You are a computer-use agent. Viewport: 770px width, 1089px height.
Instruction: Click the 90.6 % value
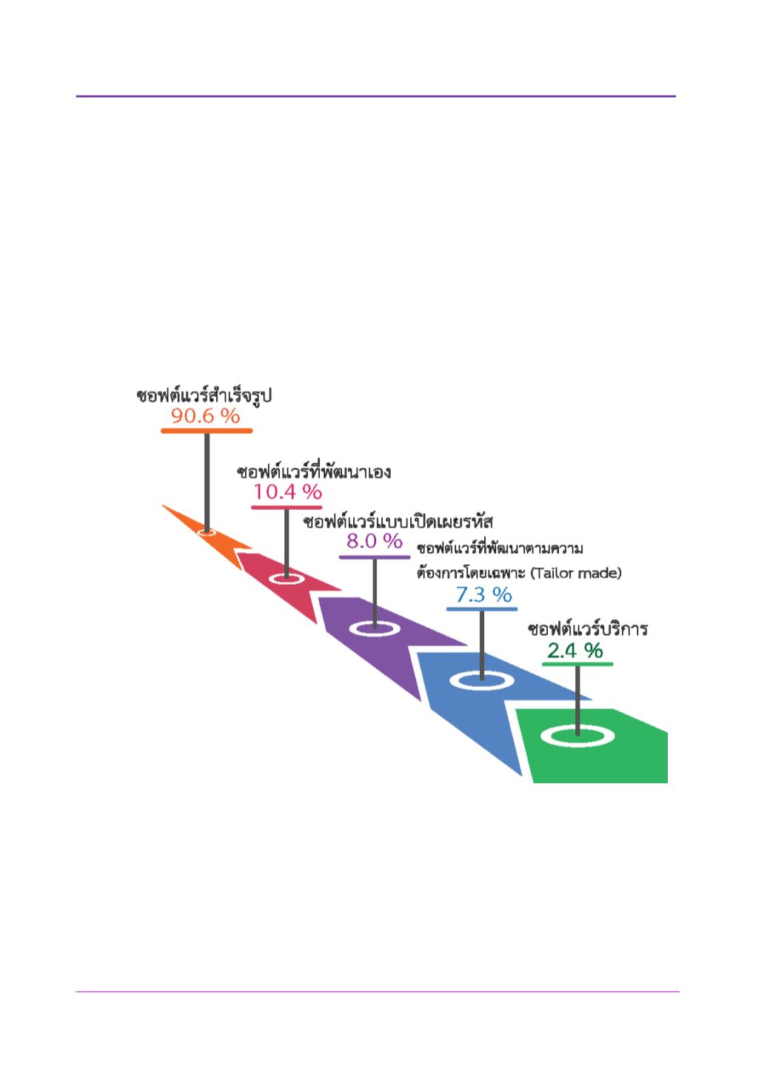point(206,415)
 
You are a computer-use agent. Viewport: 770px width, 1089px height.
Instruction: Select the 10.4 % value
point(287,492)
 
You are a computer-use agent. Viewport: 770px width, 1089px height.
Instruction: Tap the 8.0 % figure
point(375,540)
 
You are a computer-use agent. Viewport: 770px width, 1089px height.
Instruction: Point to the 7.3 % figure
point(483,594)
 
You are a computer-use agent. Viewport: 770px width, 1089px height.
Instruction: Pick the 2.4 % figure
point(575,651)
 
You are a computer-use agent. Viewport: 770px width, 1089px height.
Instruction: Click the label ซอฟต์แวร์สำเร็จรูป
point(204,395)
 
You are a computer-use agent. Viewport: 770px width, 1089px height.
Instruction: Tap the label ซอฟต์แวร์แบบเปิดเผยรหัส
point(398,521)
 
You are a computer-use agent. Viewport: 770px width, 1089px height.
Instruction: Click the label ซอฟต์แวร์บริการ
point(588,629)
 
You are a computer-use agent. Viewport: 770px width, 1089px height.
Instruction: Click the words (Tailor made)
point(576,573)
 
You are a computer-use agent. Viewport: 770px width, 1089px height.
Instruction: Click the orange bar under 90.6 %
point(207,430)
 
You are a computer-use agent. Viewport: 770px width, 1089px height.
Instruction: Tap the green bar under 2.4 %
point(577,663)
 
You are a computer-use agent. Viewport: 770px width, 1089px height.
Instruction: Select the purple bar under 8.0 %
point(375,557)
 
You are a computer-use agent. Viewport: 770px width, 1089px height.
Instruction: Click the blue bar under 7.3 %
point(482,609)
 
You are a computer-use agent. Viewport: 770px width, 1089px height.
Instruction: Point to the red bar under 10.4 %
point(287,508)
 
